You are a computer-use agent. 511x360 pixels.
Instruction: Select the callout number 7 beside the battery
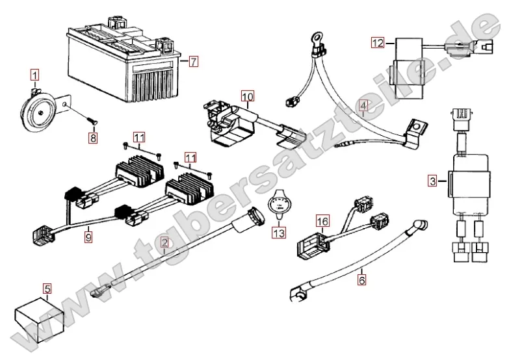193,62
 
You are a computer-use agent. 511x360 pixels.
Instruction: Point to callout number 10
248,97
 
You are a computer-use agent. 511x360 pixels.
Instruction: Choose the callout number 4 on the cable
363,106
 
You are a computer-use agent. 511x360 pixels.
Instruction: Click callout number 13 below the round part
278,232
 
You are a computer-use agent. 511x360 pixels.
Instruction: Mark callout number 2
164,244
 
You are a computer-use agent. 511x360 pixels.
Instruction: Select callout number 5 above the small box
47,287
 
